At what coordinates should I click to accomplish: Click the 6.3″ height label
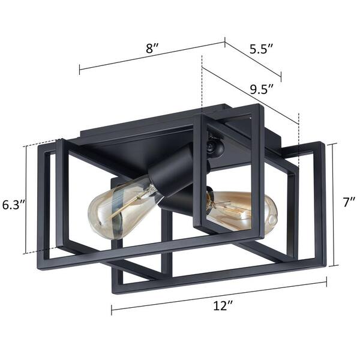coord(12,204)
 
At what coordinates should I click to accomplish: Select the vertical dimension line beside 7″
coord(334,204)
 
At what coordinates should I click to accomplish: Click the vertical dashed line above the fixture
coord(202,84)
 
